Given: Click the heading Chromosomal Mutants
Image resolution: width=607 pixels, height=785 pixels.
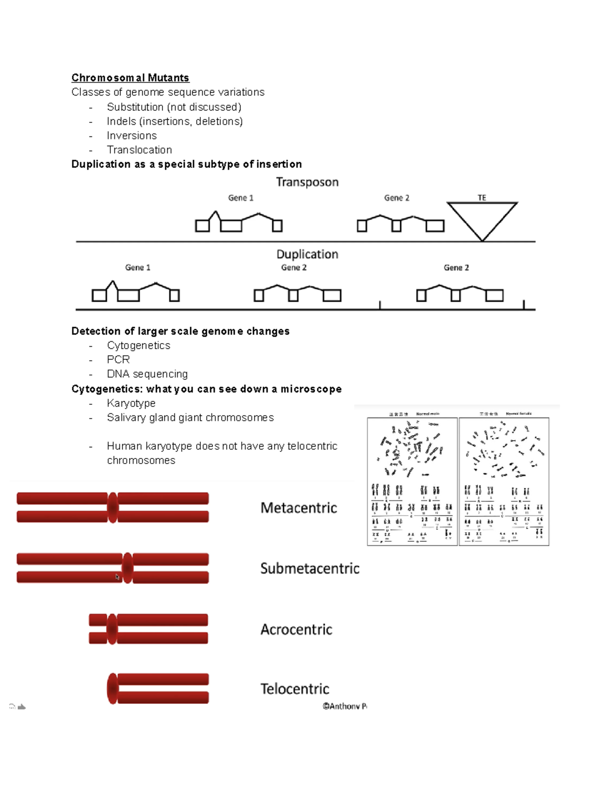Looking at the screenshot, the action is tap(130, 78).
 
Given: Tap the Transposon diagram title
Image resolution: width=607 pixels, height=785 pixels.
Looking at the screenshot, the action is tap(307, 182).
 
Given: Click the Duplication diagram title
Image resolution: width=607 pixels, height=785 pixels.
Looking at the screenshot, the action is tap(307, 254).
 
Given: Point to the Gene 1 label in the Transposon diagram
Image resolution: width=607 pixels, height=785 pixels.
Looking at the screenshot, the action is tap(240, 198).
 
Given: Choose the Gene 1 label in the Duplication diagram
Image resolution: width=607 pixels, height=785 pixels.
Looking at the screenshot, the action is tap(138, 267).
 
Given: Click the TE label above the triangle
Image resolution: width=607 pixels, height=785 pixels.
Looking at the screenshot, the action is tap(482, 198).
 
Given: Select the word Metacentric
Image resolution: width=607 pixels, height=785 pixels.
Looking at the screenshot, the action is tap(298, 508).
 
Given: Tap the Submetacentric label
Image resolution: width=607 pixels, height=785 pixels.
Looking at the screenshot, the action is tap(310, 569).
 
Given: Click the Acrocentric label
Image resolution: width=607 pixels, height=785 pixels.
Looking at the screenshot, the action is tap(296, 629).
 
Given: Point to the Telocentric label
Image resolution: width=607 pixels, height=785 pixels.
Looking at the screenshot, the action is tap(294, 689).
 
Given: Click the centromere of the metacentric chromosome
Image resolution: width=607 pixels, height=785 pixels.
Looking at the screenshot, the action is tap(113, 507).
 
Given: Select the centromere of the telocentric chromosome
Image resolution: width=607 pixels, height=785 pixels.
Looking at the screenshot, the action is tap(112, 688).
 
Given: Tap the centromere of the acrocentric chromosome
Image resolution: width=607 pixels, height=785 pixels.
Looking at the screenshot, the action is tap(112, 629).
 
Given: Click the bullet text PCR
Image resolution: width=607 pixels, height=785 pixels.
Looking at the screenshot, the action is tap(118, 359).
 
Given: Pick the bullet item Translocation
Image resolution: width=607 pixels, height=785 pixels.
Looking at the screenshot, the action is tap(139, 150).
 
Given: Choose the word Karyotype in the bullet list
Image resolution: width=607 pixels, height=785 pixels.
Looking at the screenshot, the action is tap(131, 403).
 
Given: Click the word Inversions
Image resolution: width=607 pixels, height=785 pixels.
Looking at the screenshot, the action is tap(132, 136).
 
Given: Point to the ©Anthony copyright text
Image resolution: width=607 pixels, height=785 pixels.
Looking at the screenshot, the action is tap(344, 706).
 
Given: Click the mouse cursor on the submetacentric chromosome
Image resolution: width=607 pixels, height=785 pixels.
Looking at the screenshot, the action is tap(117, 577).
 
